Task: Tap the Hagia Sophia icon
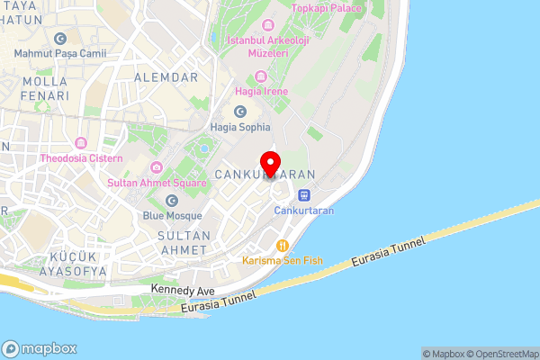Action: pyautogui.click(x=240, y=112)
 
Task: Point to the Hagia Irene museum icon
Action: pyautogui.click(x=262, y=76)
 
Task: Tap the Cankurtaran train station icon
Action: pyautogui.click(x=305, y=193)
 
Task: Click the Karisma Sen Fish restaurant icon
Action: pyautogui.click(x=283, y=244)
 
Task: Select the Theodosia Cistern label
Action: pyautogui.click(x=79, y=158)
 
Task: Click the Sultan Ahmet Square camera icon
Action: pyautogui.click(x=157, y=166)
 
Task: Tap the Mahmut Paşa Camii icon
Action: pyautogui.click(x=60, y=39)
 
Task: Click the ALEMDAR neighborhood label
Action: pyautogui.click(x=165, y=77)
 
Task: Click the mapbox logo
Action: pyautogui.click(x=40, y=348)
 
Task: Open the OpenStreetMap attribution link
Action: pyautogui.click(x=500, y=354)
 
